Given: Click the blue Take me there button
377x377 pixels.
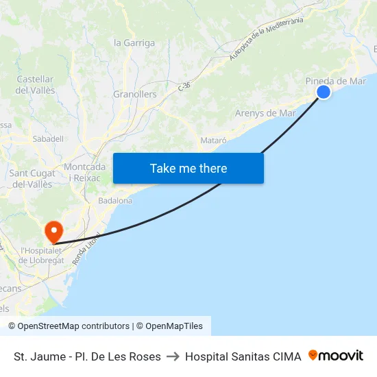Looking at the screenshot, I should [x=188, y=168].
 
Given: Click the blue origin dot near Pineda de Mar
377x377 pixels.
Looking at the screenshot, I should [x=324, y=92].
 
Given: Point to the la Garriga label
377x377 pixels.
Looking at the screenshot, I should [x=134, y=42].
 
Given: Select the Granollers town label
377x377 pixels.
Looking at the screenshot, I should [x=134, y=94].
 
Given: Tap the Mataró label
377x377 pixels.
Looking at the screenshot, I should [x=213, y=140].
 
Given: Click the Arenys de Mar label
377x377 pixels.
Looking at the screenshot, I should [x=265, y=113].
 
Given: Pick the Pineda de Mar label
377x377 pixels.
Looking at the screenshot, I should [x=336, y=81].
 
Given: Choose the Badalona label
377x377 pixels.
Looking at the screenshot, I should [x=115, y=201].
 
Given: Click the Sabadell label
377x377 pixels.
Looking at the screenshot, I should [x=48, y=138].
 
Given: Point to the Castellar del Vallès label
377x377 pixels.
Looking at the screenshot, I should [x=35, y=85].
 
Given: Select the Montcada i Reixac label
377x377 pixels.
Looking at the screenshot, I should [x=84, y=172].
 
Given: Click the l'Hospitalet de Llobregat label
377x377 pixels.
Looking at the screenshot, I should [x=41, y=255].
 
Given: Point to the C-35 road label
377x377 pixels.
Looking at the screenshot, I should [x=184, y=86].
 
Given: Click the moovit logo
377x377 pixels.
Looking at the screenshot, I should [x=335, y=356].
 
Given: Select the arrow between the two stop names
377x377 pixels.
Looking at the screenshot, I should [x=173, y=356].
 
